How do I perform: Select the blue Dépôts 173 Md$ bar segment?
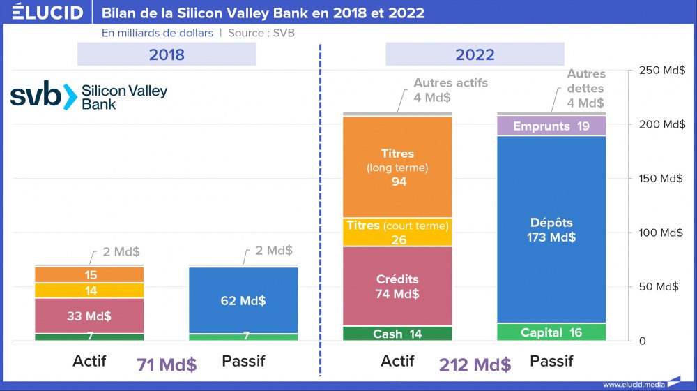pyautogui.click(x=551, y=230)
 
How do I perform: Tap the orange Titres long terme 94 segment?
pyautogui.click(x=397, y=168)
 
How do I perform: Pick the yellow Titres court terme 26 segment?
pyautogui.click(x=397, y=233)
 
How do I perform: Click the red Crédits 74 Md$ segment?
pyautogui.click(x=397, y=286)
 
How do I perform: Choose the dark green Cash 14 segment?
pyautogui.click(x=397, y=334)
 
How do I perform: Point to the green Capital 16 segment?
pyautogui.click(x=551, y=332)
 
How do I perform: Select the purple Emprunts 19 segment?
pyautogui.click(x=551, y=126)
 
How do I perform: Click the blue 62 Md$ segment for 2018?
pyautogui.click(x=243, y=300)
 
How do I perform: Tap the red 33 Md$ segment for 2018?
pyautogui.click(x=89, y=316)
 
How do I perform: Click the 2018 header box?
pyautogui.click(x=167, y=54)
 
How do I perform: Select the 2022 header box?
pyautogui.click(x=475, y=54)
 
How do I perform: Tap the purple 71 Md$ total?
pyautogui.click(x=167, y=364)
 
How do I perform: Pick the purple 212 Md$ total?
pyautogui.click(x=475, y=364)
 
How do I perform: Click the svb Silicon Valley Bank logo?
pyautogui.click(x=89, y=96)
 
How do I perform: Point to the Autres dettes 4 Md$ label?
pyautogui.click(x=585, y=89)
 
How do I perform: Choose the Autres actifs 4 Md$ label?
pyautogui.click(x=450, y=90)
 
